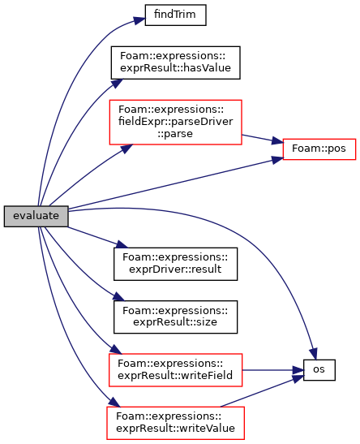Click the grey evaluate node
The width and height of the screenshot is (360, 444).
point(36,216)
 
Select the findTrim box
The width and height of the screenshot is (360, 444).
point(175,15)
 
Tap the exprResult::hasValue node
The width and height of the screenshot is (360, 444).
point(175,63)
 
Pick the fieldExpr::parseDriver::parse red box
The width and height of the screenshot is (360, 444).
point(175,122)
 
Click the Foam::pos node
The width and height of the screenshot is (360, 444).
point(319,149)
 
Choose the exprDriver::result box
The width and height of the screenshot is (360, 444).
point(175,264)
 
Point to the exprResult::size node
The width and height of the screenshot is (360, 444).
point(175,317)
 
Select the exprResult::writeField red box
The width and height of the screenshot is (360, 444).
point(175,370)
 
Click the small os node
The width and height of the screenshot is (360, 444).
point(319,370)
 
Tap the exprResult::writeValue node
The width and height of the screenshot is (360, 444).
point(175,423)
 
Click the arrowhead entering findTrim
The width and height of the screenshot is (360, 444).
point(139,20)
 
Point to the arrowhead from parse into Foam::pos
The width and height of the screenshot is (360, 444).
point(277,140)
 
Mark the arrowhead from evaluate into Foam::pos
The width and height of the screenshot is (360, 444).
point(278,160)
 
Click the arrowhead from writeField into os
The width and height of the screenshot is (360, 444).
point(298,370)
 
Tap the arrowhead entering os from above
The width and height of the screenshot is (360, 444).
point(314,354)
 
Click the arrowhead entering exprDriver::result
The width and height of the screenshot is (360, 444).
point(122,244)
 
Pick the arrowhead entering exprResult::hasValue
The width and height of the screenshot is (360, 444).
point(117,83)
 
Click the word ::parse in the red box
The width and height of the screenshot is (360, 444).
point(175,134)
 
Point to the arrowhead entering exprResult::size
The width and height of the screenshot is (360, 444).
point(118,297)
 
